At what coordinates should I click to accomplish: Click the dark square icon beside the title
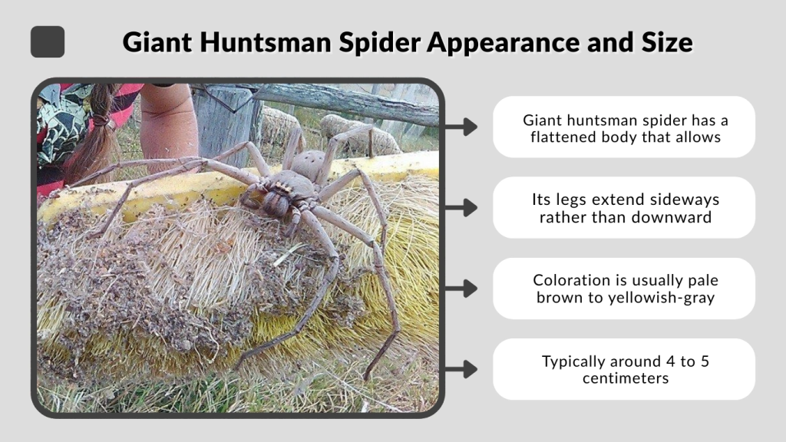coord(48,41)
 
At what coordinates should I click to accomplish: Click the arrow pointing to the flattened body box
coord(461,127)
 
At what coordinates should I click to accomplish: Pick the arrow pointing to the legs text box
coord(461,207)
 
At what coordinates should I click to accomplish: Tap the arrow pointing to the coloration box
coord(461,289)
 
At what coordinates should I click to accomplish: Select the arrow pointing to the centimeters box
coord(461,369)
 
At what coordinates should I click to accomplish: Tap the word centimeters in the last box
coord(623,378)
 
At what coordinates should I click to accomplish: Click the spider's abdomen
coord(309,165)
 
